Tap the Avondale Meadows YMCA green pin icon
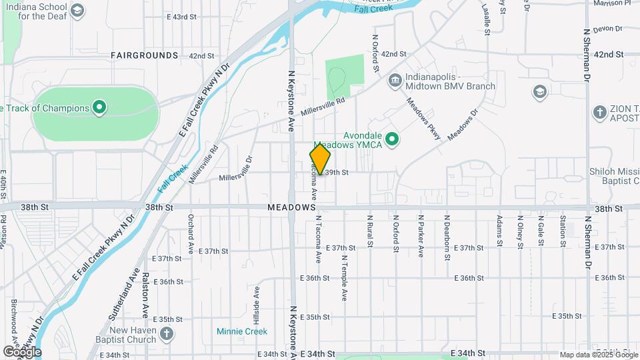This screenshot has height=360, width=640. coord(393,139)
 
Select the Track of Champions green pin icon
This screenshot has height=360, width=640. coord(99,107)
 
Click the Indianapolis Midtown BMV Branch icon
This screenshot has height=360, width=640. coord(395,81)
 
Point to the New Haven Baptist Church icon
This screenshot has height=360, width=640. coord(167,332)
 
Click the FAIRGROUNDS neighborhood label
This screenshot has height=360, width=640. coord(145,55)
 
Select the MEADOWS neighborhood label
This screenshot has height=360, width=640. coord(291,207)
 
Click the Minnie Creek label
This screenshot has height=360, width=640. coord(242,331)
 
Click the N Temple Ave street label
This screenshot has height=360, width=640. coord(345,277)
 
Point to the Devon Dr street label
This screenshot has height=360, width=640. coord(607,29)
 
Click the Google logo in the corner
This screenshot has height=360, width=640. coord(22,351)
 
